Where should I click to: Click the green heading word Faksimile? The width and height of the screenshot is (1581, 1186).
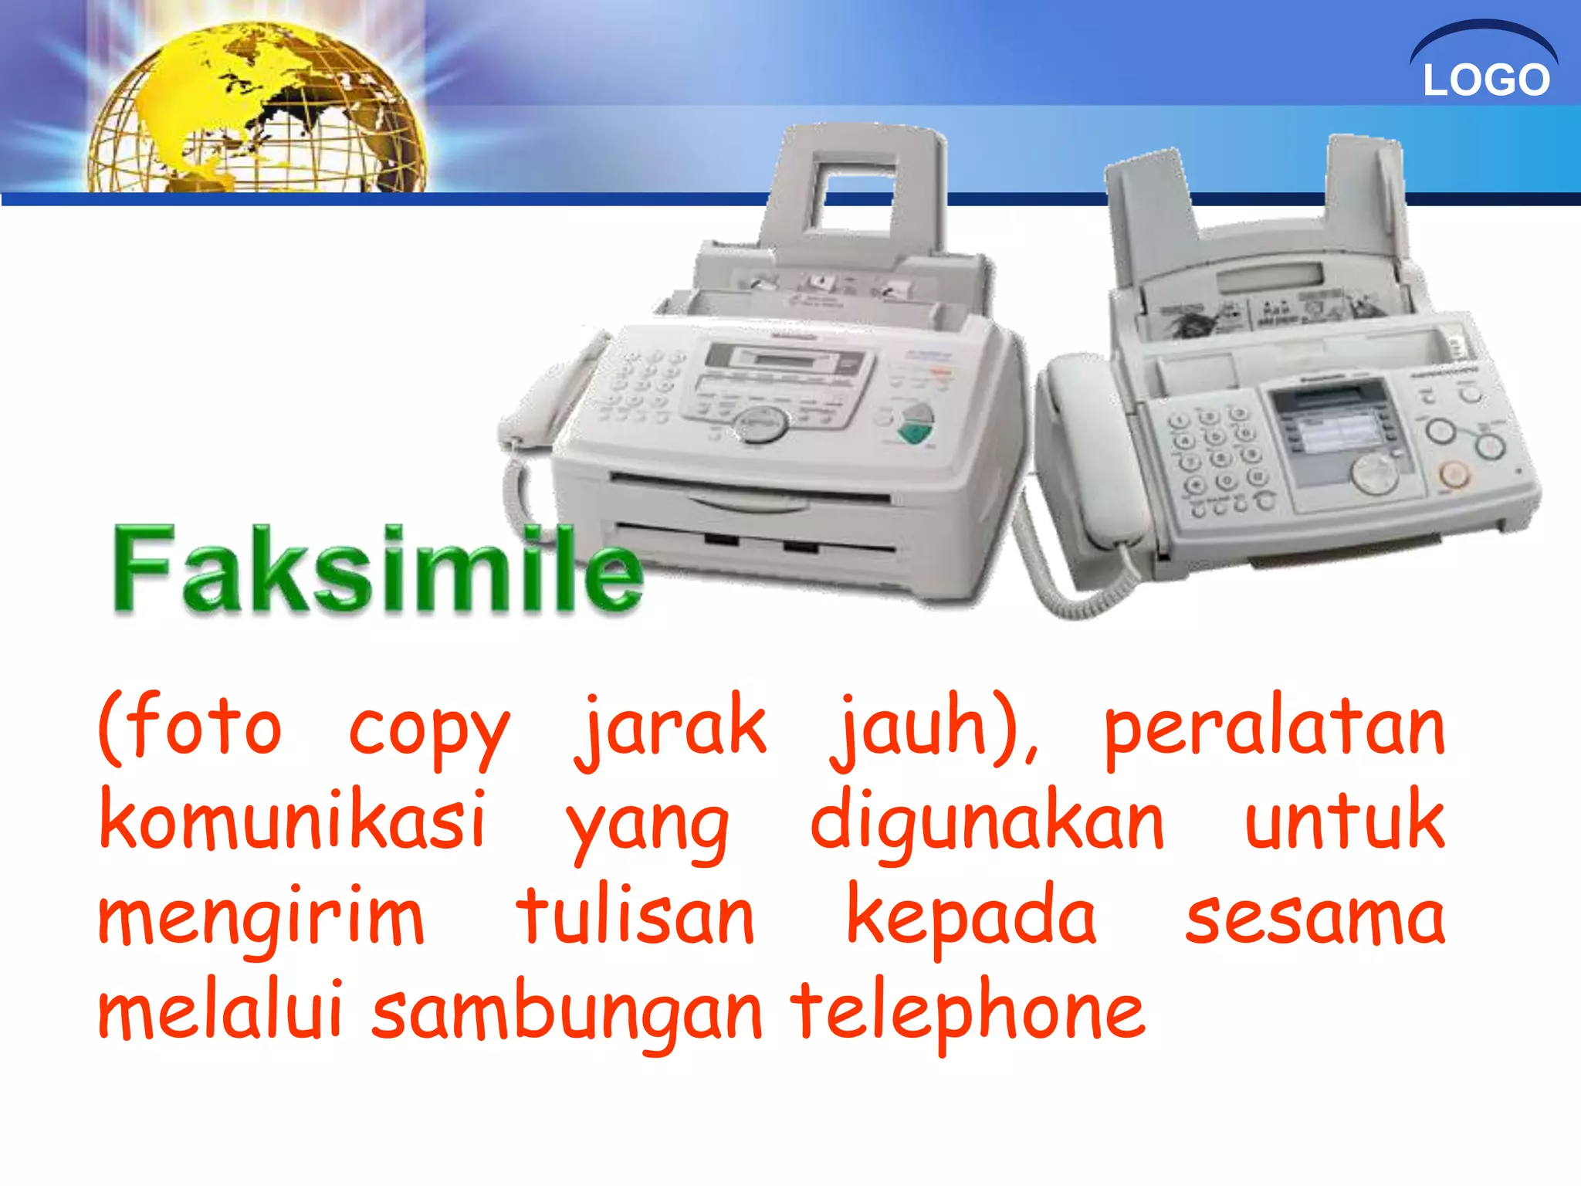pos(377,570)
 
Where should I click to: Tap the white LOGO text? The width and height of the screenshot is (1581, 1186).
pos(1486,80)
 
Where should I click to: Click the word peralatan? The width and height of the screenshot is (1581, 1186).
pos(1274,730)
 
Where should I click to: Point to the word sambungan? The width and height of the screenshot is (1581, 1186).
pos(567,1011)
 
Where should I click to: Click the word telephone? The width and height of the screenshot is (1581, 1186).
pos(968,1011)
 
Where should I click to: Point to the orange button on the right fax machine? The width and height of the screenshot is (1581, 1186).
pos(1454,473)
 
